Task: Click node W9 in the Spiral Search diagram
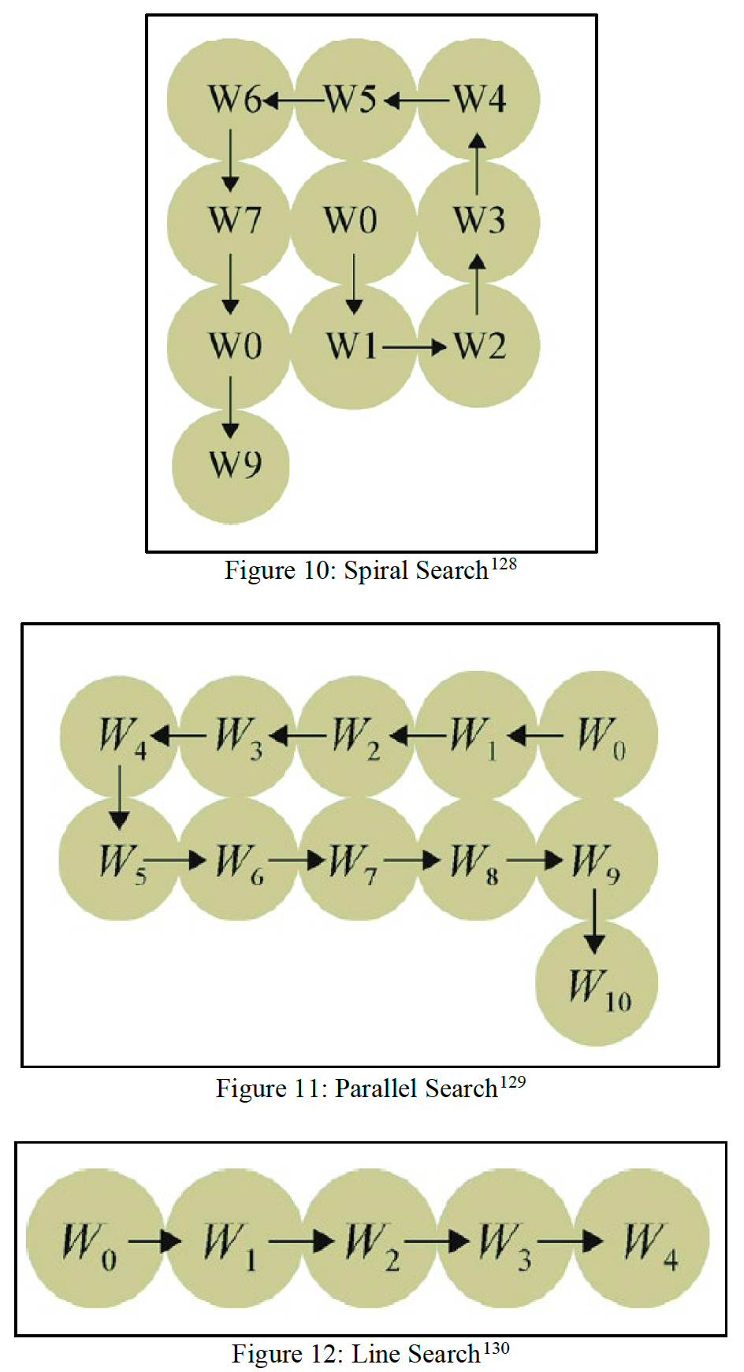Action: pyautogui.click(x=231, y=465)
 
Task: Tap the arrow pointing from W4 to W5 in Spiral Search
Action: pyautogui.click(x=417, y=101)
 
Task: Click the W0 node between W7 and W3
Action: pyautogui.click(x=352, y=221)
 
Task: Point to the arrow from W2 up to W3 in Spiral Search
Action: pyautogui.click(x=477, y=284)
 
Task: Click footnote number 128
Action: pyautogui.click(x=504, y=564)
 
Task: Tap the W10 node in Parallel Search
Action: pyautogui.click(x=597, y=985)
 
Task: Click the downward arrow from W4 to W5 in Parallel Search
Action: pyautogui.click(x=120, y=797)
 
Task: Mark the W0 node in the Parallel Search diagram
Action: pyautogui.click(x=598, y=736)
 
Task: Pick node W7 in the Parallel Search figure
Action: pyautogui.click(x=355, y=860)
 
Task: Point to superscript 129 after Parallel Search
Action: pyautogui.click(x=512, y=1082)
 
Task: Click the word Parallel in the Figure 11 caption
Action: pyautogui.click(x=376, y=1088)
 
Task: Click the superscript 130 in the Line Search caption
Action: pyautogui.click(x=496, y=1348)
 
